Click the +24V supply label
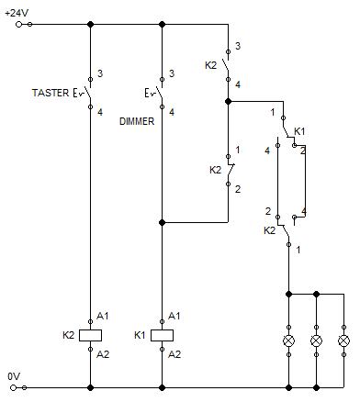[16, 12]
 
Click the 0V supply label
[13, 376]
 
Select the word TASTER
[50, 93]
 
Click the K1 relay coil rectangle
[162, 335]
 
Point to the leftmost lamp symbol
[289, 341]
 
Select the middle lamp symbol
[317, 341]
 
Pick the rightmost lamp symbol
[344, 341]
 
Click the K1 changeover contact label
[299, 132]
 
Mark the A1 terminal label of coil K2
[103, 316]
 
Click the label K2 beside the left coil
[69, 335]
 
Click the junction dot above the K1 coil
[162, 222]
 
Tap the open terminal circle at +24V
[30, 25]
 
